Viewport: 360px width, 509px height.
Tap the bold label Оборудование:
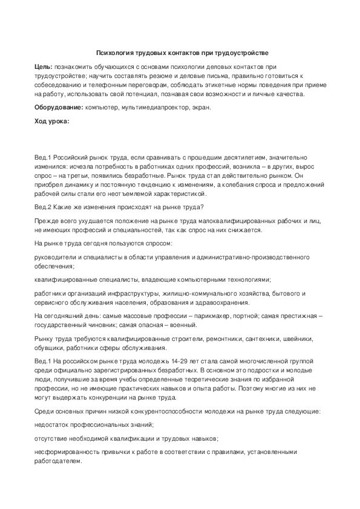(x=58, y=108)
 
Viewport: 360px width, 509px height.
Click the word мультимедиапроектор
(x=153, y=108)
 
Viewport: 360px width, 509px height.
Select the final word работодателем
(x=57, y=461)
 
